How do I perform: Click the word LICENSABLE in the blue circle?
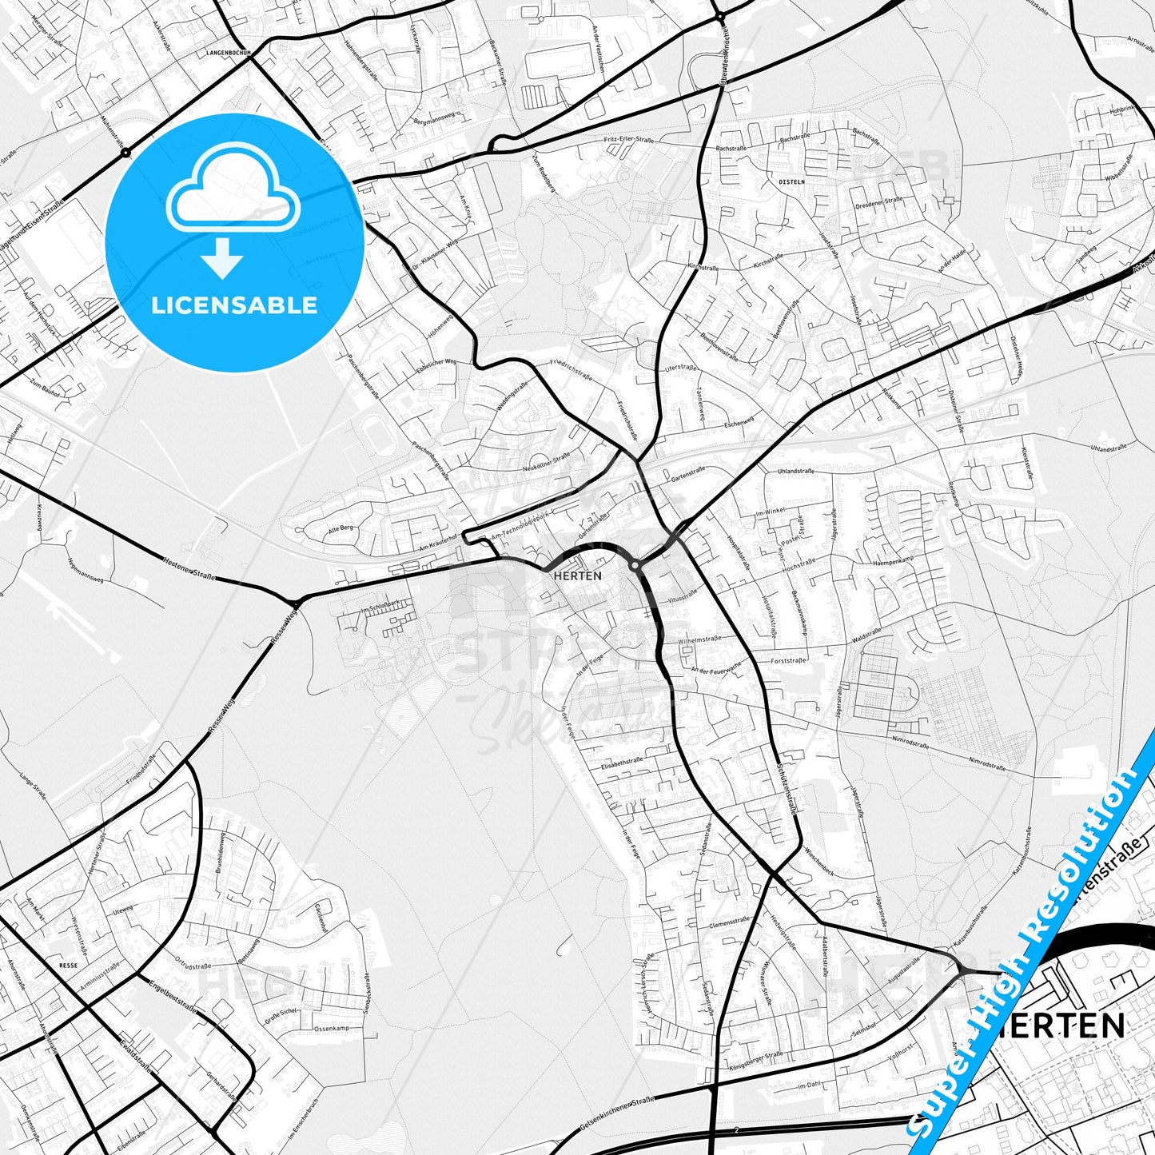click(x=234, y=305)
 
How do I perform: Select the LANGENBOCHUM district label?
click(x=228, y=52)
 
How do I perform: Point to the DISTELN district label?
click(x=791, y=182)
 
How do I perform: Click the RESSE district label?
click(x=69, y=966)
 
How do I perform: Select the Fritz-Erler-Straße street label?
click(x=629, y=140)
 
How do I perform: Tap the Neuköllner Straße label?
click(x=546, y=461)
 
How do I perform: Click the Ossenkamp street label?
click(x=332, y=1028)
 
